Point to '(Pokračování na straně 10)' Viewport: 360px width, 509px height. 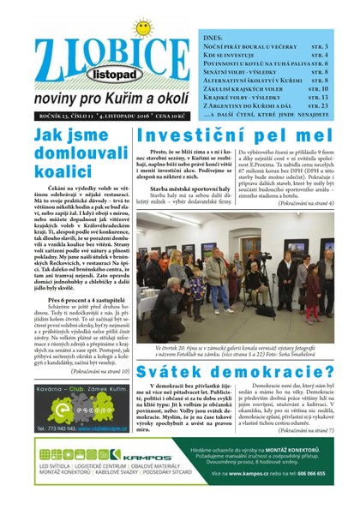pyautogui.click(x=95, y=371)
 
